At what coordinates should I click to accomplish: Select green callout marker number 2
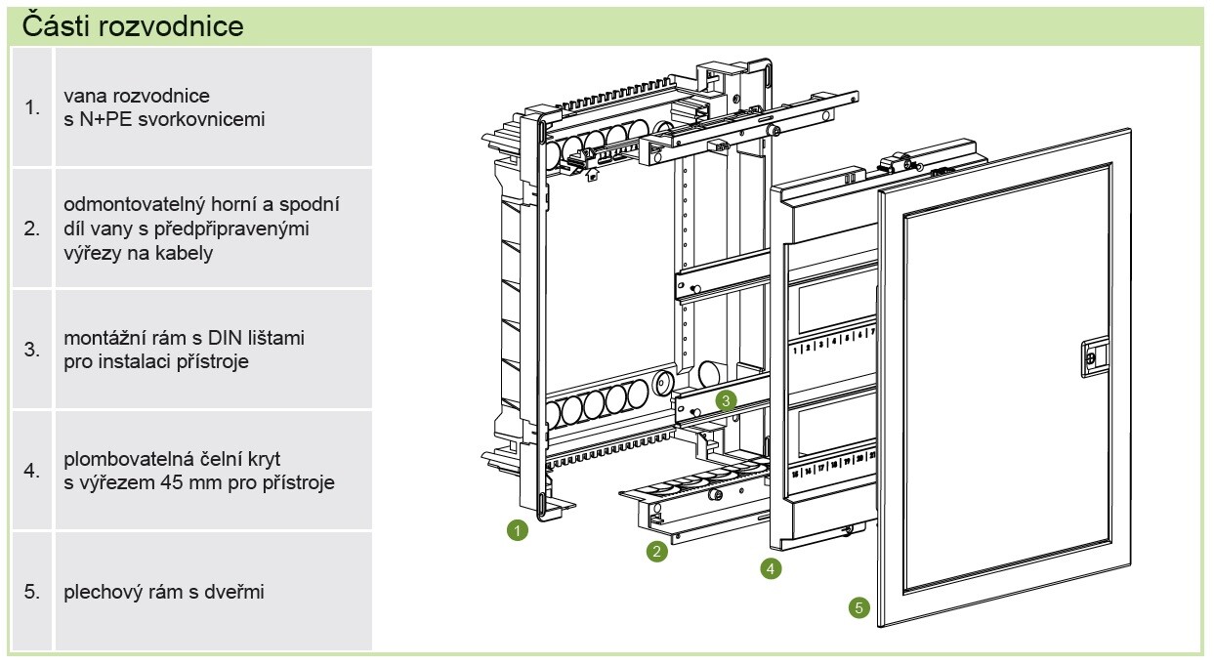pyautogui.click(x=657, y=552)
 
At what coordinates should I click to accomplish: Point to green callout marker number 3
pyautogui.click(x=725, y=399)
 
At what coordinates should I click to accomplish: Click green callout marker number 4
pyautogui.click(x=771, y=567)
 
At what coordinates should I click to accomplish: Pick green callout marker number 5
pyautogui.click(x=858, y=607)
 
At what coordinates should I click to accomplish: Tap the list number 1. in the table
pyautogui.click(x=32, y=108)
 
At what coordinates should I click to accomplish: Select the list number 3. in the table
pyautogui.click(x=32, y=350)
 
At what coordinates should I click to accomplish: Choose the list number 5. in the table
pyautogui.click(x=32, y=592)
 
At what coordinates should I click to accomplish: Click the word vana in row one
pyautogui.click(x=83, y=97)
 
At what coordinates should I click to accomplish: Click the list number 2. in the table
pyautogui.click(x=32, y=229)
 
